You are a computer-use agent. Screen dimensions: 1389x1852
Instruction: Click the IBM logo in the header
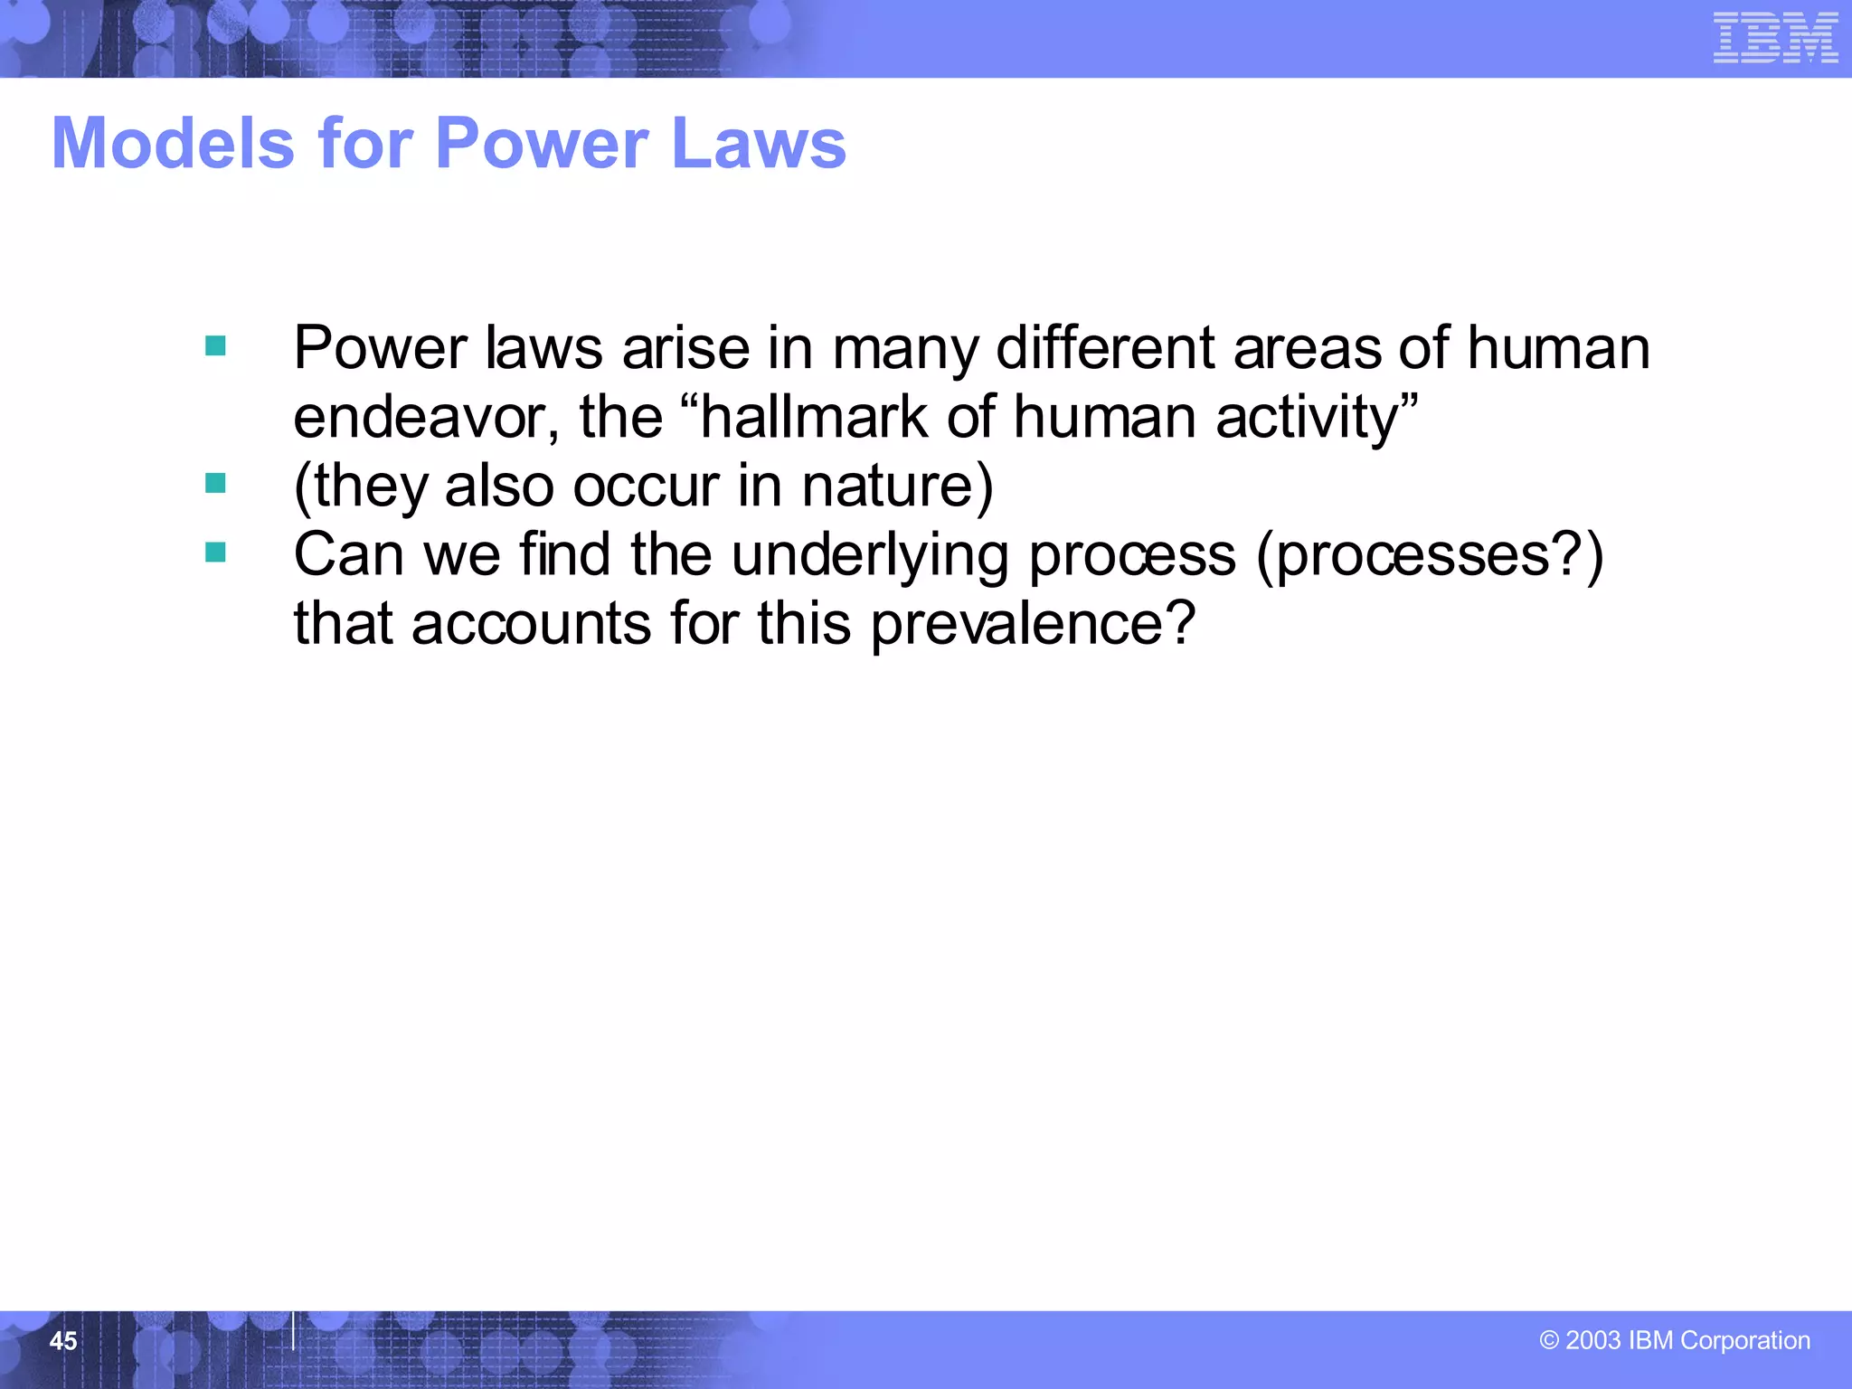[x=1775, y=38]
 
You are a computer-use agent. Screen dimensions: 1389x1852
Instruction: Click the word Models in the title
[x=173, y=144]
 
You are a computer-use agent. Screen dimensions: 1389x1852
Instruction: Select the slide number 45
[x=62, y=1341]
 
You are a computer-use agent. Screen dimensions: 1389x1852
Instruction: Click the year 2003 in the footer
[x=1592, y=1340]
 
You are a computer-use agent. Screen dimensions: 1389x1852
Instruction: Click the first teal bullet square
[x=215, y=345]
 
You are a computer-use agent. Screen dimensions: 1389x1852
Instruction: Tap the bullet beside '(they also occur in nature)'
[x=215, y=484]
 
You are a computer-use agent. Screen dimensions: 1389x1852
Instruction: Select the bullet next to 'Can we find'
[x=215, y=553]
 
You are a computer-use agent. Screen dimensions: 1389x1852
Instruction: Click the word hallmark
[x=813, y=418]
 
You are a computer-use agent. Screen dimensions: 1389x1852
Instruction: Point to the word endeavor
[x=426, y=418]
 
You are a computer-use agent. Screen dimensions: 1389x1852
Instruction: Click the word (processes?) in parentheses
[x=1430, y=555]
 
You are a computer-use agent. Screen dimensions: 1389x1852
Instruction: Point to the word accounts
[x=531, y=624]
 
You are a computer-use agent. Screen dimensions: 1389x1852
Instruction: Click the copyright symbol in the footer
[x=1549, y=1340]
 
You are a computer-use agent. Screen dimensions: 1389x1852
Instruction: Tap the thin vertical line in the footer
[x=293, y=1330]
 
